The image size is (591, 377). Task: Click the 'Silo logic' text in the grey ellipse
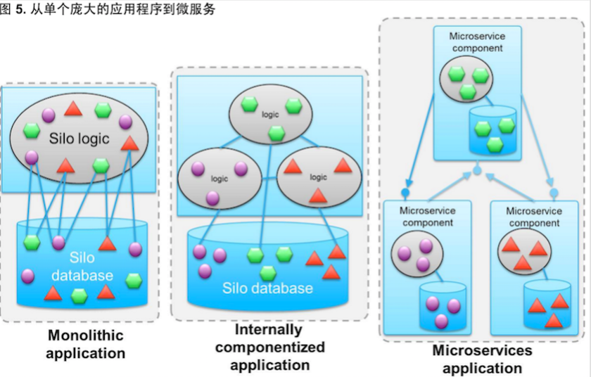coord(80,139)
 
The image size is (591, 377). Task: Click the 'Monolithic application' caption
coord(85,344)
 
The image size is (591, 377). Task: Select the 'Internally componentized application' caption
coord(269,347)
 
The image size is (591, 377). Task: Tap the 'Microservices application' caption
coord(482,359)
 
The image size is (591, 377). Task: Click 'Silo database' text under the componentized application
coord(267,288)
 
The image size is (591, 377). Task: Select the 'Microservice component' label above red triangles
coord(534,217)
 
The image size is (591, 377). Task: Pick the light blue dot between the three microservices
coord(477,170)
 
